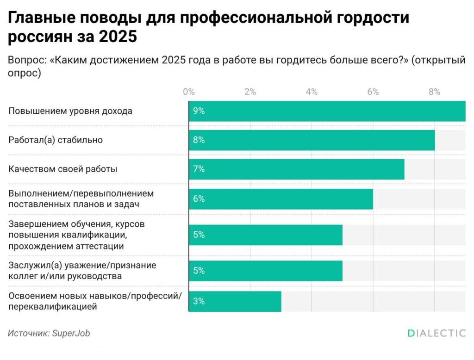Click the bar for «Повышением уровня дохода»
pos(327,111)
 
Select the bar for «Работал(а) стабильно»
pos(312,140)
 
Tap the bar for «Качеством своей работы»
pos(296,169)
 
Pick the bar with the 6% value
pos(281,199)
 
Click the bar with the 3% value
pos(235,301)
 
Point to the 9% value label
pos(199,111)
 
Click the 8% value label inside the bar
pos(199,140)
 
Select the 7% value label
pos(199,169)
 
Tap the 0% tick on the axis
pos(188,92)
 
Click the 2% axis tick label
pos(250,92)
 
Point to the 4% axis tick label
pos(312,92)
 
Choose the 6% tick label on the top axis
pos(373,92)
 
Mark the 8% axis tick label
pos(434,92)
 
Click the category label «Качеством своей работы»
pos(63,169)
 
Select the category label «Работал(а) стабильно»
pos(56,140)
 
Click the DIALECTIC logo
pos(437,333)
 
